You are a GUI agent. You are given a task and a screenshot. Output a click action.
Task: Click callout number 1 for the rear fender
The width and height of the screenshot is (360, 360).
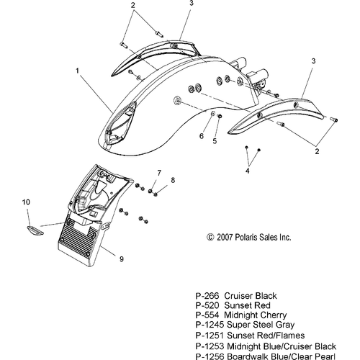(x=77, y=71)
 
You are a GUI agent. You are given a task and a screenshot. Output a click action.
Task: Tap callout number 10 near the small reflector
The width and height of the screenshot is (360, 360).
(x=26, y=202)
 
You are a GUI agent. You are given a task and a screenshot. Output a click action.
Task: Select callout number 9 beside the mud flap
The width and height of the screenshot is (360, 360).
(x=122, y=259)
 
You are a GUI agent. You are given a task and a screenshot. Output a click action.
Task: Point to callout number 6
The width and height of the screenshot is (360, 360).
(x=202, y=136)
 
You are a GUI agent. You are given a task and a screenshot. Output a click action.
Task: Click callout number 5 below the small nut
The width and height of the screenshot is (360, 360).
(x=215, y=141)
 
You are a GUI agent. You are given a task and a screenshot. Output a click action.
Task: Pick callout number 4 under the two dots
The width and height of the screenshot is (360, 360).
(x=248, y=171)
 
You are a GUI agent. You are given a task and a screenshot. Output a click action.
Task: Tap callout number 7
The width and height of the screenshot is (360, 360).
(x=159, y=173)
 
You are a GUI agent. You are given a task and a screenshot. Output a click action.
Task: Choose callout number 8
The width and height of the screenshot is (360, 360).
(x=173, y=180)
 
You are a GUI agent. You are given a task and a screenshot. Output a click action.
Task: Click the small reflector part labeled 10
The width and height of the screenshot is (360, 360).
(x=35, y=230)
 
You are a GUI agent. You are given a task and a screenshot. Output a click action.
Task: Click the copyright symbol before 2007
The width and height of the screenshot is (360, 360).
(x=210, y=238)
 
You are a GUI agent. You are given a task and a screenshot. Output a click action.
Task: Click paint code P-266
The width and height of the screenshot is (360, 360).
(x=207, y=296)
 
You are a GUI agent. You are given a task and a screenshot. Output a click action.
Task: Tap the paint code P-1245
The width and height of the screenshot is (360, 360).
(x=210, y=325)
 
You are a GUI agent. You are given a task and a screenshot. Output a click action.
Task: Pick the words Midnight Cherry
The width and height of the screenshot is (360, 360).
(x=256, y=315)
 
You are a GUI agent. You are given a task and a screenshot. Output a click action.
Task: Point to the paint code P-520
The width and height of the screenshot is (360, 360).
(x=207, y=305)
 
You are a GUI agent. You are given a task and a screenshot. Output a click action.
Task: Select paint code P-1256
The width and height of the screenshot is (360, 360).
(x=210, y=356)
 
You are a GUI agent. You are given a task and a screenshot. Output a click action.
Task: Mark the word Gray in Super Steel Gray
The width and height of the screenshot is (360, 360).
(x=285, y=325)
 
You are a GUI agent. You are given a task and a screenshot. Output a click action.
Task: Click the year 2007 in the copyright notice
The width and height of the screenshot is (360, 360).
(x=225, y=238)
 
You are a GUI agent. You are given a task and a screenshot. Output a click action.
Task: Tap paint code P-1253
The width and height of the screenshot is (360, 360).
(x=210, y=346)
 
